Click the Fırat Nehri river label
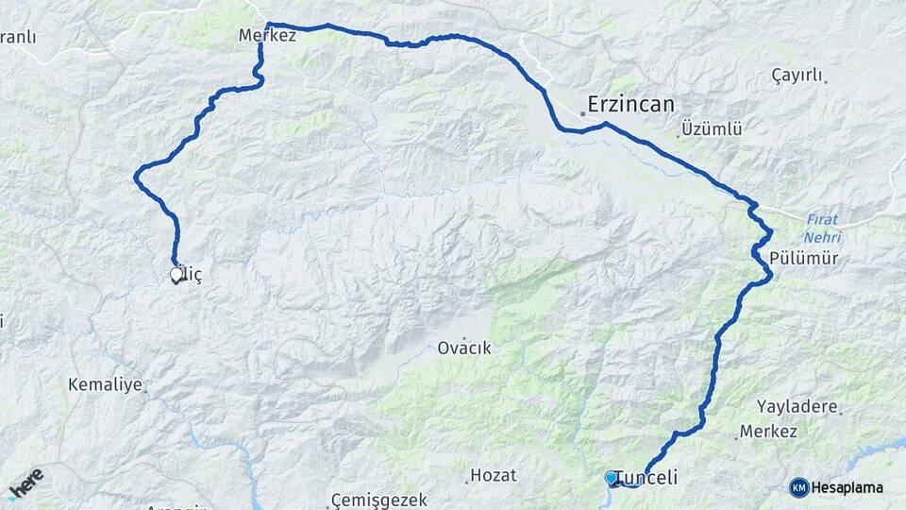coord(823,228)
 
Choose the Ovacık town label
coord(464,348)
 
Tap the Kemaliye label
coord(105,384)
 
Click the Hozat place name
coord(495,473)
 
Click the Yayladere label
coord(797,406)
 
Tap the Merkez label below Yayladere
coord(768,431)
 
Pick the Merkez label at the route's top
coord(268,36)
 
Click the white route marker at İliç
coord(176,275)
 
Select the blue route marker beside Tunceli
coord(611,478)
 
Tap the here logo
coord(25,484)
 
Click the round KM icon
coord(799,487)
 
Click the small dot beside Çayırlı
coord(826,82)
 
